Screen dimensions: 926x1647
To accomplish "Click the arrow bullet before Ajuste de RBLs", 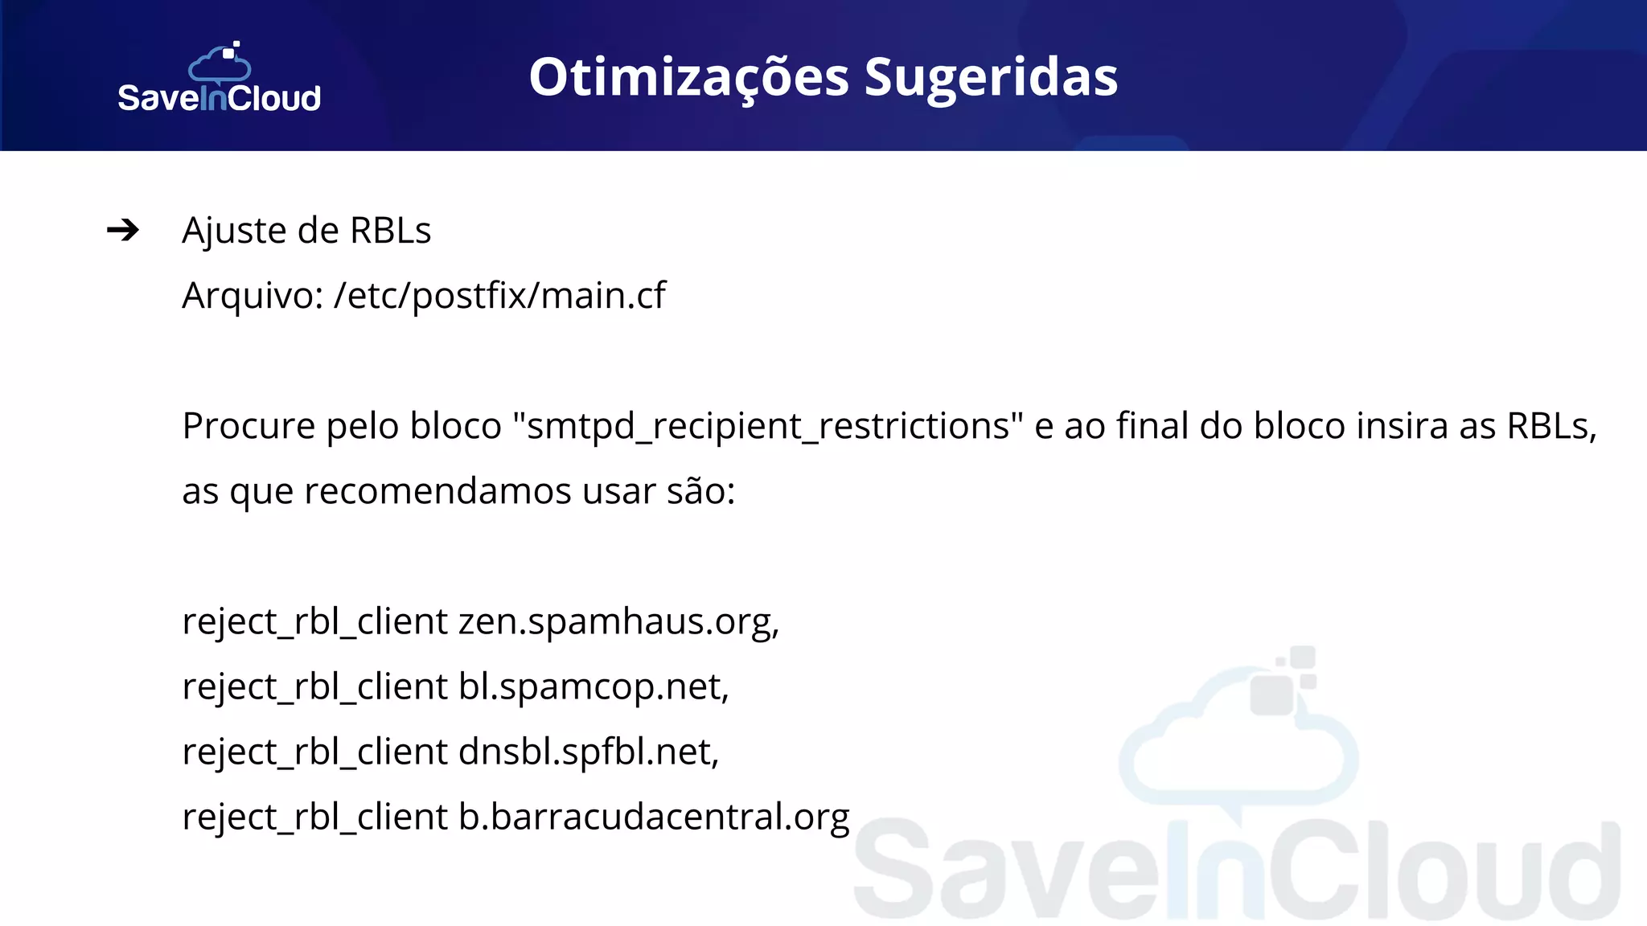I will coord(123,231).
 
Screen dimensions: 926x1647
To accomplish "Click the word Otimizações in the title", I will coord(688,78).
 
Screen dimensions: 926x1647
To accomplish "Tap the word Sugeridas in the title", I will coord(991,78).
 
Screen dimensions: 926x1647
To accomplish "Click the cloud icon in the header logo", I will coord(220,63).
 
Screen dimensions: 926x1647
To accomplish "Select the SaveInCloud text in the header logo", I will coord(219,98).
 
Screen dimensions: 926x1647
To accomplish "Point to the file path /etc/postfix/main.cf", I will coord(499,296).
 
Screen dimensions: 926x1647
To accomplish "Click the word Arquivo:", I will coord(253,296).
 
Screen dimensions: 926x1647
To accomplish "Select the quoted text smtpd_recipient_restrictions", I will coord(768,426).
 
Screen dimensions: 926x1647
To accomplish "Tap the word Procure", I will coord(248,426).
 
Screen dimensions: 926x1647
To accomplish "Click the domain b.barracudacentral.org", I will coord(654,817).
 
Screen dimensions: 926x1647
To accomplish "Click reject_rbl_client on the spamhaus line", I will coord(314,621).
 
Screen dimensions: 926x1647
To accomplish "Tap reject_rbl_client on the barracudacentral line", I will coord(314,817).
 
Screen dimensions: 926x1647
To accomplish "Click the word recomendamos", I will coord(437,491).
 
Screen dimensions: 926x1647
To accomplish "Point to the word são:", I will coord(701,491).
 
